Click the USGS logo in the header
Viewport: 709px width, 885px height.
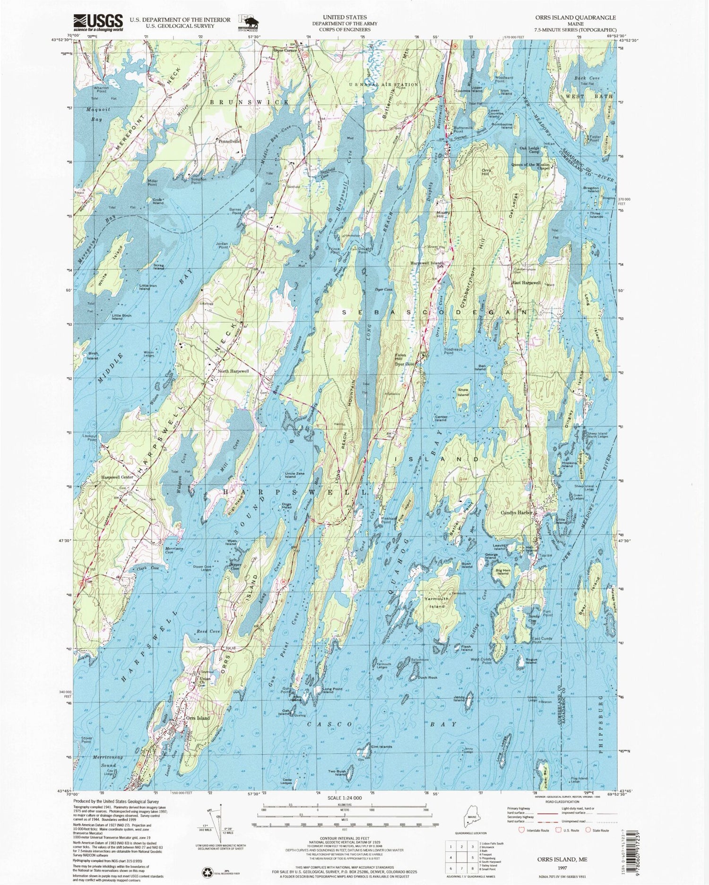98,22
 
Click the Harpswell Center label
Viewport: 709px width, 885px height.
117,477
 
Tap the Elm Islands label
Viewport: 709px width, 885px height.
382,746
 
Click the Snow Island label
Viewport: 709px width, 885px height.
463,392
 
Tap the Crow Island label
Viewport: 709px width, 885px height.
158,201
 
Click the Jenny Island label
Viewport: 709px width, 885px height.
459,698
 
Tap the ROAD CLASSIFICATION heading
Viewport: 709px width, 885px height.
562,802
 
